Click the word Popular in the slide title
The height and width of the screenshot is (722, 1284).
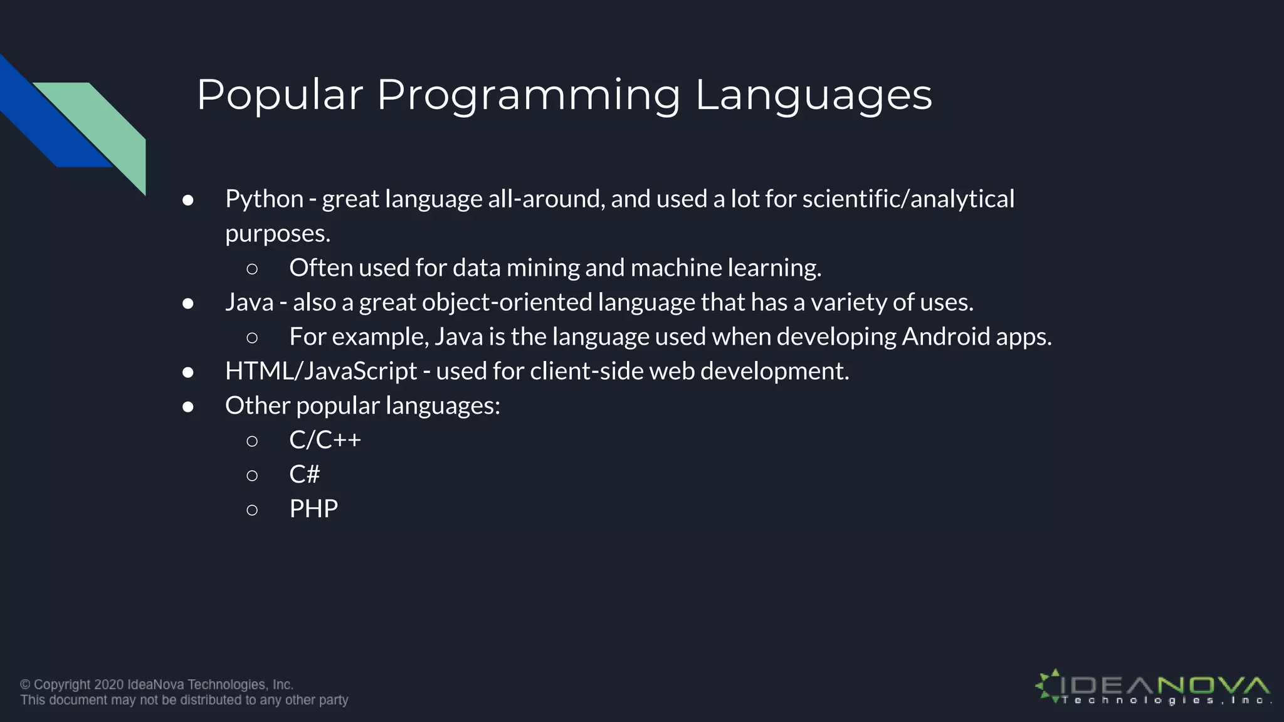280,95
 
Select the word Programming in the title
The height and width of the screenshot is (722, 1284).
529,95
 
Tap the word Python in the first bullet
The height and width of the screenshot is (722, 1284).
264,199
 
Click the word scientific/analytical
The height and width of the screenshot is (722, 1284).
908,199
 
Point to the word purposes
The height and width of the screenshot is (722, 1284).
277,234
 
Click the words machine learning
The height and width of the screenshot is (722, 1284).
725,268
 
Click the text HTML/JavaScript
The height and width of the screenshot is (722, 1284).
320,372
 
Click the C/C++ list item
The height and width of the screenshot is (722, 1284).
325,440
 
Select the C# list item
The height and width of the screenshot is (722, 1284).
304,474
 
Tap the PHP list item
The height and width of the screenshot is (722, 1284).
313,509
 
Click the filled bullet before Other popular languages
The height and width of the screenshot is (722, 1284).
188,407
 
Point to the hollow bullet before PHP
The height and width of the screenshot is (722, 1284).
252,510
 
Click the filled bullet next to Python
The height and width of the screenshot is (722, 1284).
188,201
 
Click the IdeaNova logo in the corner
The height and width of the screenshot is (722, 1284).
1152,688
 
